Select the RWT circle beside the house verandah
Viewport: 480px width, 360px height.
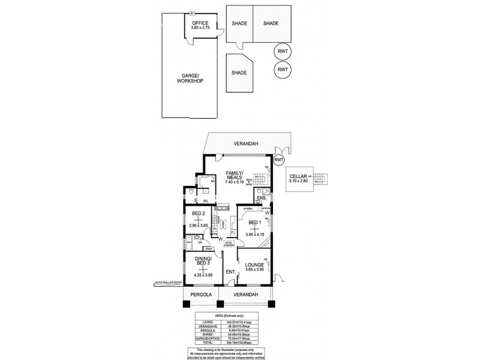(x=279, y=160)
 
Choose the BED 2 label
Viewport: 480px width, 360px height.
(x=199, y=213)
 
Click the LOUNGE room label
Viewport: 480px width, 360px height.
(x=254, y=265)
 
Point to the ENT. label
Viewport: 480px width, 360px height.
(x=230, y=272)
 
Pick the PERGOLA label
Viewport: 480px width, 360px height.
(x=200, y=295)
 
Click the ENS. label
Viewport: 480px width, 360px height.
(x=261, y=198)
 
